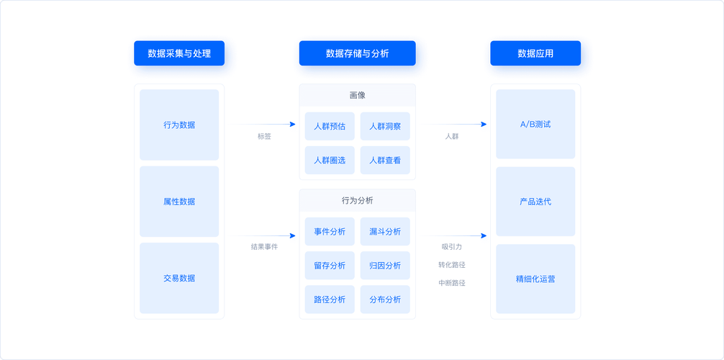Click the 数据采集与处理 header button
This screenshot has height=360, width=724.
click(179, 53)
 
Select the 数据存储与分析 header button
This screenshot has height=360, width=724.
click(357, 53)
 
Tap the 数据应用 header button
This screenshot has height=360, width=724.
click(535, 53)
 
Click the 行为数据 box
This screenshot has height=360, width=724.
click(179, 125)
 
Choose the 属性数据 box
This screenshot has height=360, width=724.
click(179, 202)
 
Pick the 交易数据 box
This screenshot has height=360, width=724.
click(179, 278)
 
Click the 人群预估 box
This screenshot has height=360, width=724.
click(330, 126)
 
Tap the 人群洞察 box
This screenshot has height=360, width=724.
click(385, 126)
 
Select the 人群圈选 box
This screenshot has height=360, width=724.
click(330, 160)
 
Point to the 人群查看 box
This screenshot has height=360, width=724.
click(385, 160)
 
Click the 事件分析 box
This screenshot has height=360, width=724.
click(330, 231)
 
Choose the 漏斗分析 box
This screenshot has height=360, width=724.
click(385, 231)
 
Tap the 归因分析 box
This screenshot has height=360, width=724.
click(385, 265)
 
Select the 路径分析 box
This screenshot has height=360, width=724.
click(330, 299)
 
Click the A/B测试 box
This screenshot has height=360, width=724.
click(535, 125)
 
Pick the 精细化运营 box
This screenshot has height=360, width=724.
click(535, 279)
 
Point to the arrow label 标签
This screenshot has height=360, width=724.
click(264, 136)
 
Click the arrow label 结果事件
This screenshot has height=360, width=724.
click(264, 247)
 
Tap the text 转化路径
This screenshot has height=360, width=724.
click(452, 265)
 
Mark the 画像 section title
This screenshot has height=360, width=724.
click(357, 95)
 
